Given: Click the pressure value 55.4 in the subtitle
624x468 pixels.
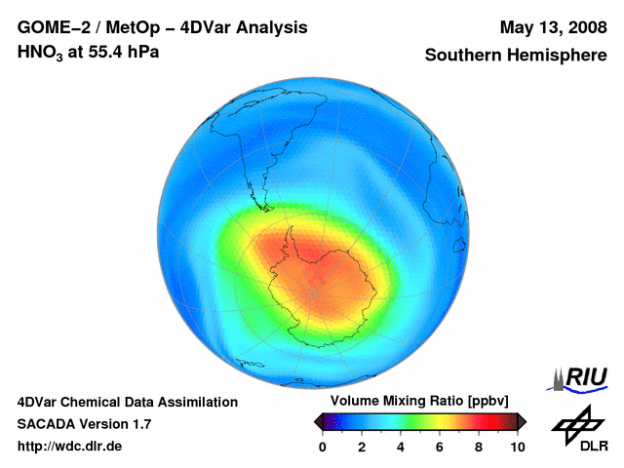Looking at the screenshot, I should (x=109, y=52).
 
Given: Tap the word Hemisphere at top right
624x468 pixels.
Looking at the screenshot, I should (x=561, y=56).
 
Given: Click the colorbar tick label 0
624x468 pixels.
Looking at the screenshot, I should (x=323, y=448).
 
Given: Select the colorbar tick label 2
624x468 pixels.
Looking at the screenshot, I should (x=362, y=448).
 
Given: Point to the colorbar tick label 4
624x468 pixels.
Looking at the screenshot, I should (x=401, y=448).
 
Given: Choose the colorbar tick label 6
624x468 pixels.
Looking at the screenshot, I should (x=440, y=448).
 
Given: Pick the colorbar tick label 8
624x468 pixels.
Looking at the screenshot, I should (x=479, y=448).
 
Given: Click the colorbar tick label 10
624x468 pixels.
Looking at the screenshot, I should (x=518, y=448).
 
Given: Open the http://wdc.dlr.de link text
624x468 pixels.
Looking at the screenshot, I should (x=70, y=448).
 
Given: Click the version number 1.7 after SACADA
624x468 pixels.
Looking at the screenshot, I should (x=140, y=425).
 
